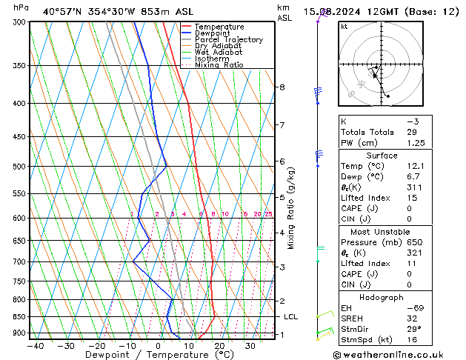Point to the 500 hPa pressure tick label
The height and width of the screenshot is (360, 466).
[18, 167]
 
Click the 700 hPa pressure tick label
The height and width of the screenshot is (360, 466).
[18, 262]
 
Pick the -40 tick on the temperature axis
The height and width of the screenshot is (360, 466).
[35, 345]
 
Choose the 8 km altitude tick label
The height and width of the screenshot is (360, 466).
[282, 87]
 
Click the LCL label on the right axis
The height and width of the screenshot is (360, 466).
[291, 317]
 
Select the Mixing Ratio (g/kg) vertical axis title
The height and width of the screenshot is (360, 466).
[291, 207]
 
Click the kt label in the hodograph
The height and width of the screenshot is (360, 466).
[344, 26]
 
